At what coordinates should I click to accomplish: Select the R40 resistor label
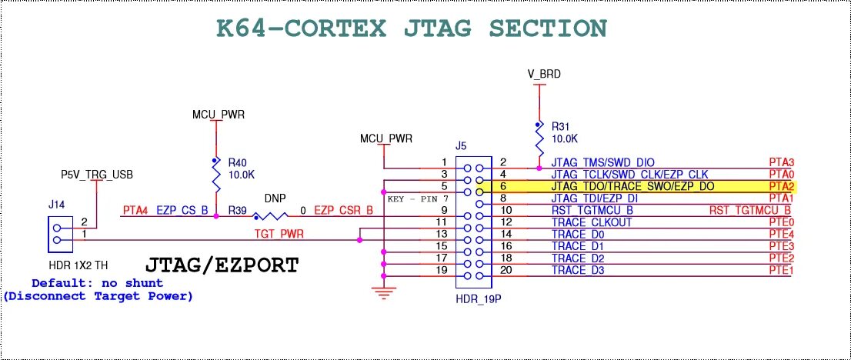click(238, 162)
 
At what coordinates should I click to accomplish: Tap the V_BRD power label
click(543, 75)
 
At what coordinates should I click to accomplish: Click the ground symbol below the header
click(383, 291)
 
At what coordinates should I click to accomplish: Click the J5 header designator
click(461, 145)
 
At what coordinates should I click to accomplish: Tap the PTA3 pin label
click(781, 163)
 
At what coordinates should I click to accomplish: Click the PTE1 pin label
click(781, 270)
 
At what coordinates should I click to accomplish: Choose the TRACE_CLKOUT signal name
click(591, 222)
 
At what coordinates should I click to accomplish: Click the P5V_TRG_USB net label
click(97, 175)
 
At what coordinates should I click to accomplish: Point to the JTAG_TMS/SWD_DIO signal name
click(603, 163)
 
